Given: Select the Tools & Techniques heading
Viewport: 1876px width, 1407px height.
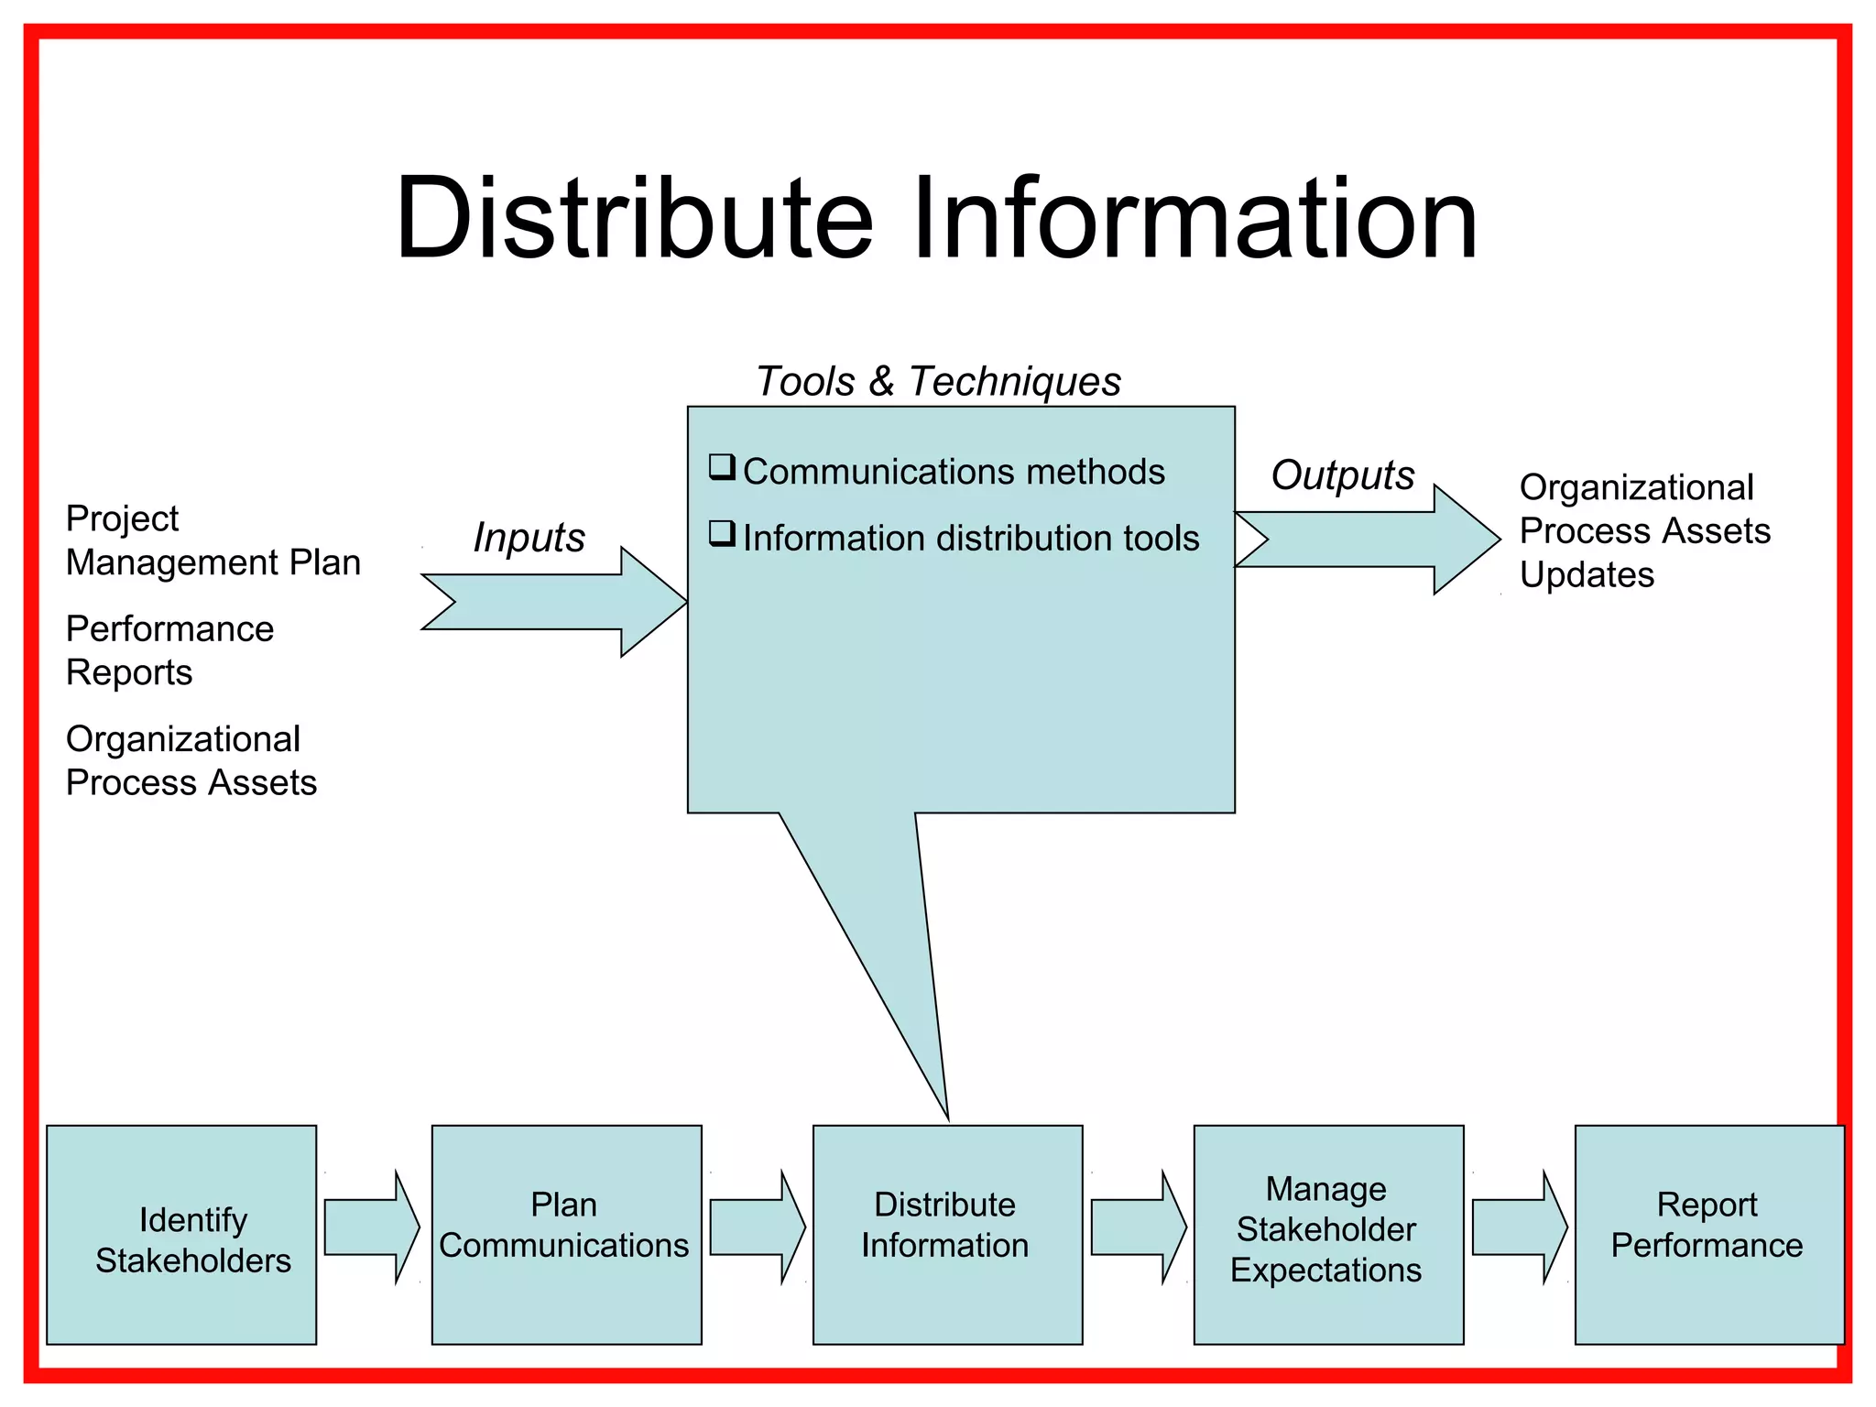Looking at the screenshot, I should [938, 381].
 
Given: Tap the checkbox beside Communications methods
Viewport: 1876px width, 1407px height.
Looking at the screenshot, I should [722, 467].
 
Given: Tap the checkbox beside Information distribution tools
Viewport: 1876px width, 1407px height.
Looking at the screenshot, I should [722, 533].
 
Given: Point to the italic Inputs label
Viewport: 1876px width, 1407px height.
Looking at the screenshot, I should [529, 538].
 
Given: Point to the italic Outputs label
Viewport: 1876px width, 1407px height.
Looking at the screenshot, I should [1342, 474].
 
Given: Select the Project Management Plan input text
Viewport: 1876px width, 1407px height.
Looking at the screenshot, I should [213, 540].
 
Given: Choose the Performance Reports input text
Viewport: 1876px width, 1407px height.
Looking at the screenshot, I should [169, 650].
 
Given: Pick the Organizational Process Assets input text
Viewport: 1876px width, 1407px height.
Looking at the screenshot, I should [191, 760].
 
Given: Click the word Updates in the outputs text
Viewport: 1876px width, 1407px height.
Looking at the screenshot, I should [1587, 575].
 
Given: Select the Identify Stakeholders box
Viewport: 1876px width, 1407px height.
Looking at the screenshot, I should [181, 1235].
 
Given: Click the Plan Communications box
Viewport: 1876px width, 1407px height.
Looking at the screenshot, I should [566, 1235].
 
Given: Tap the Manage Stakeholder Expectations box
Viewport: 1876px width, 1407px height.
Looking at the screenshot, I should [1328, 1235].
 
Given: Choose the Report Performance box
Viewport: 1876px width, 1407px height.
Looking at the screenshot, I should [1708, 1235].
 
